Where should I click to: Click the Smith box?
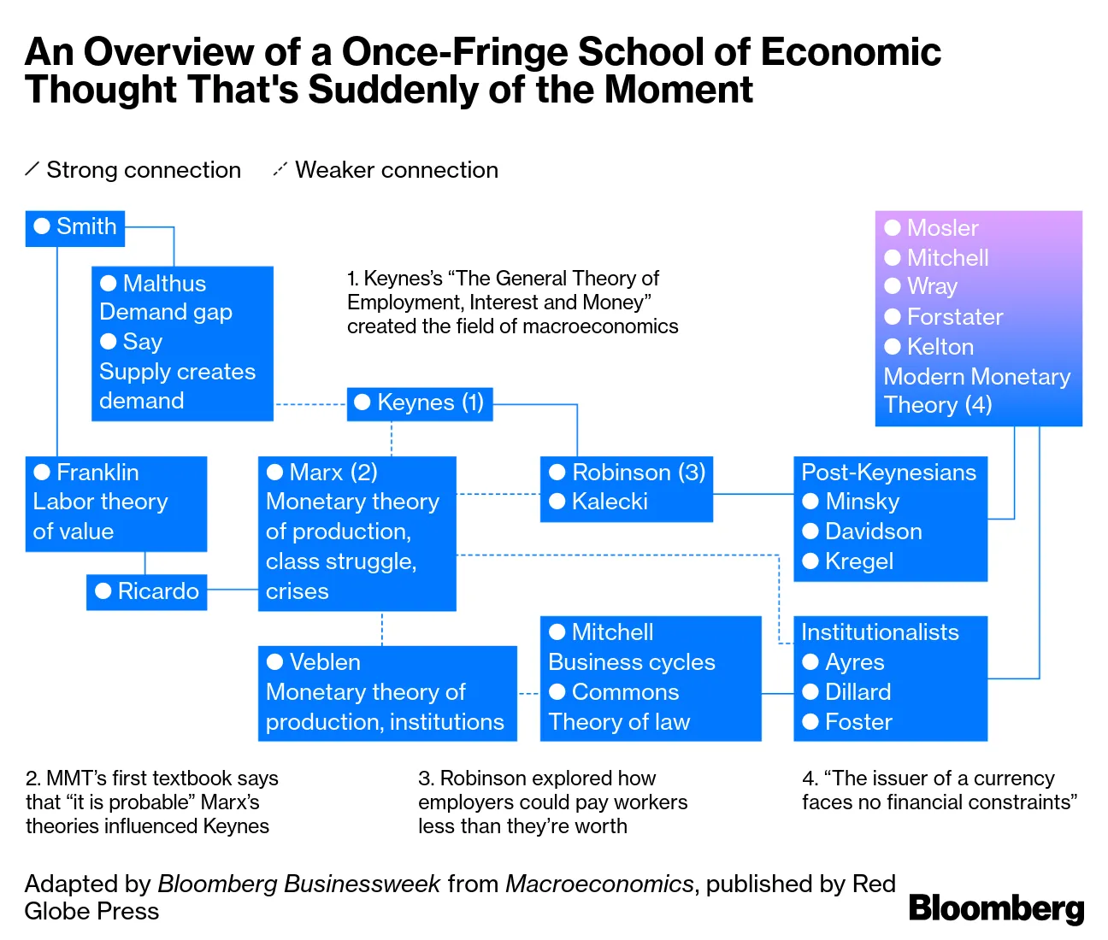(x=75, y=227)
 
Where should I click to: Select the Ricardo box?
(x=147, y=591)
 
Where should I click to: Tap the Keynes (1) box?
(x=420, y=403)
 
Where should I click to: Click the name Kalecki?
(x=610, y=502)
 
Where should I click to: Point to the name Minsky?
(x=862, y=502)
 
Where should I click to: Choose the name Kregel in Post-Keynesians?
(x=859, y=561)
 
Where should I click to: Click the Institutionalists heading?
(x=880, y=632)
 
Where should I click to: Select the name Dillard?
(x=858, y=692)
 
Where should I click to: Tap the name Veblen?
(x=325, y=662)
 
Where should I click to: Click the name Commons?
(x=625, y=692)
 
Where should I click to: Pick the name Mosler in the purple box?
(x=942, y=228)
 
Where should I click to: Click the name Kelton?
(x=940, y=347)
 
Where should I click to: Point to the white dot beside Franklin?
(x=42, y=472)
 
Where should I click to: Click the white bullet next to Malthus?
(x=109, y=283)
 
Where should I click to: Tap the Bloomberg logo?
(x=996, y=908)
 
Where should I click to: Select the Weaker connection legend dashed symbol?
(x=280, y=169)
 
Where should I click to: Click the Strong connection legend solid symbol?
(x=32, y=169)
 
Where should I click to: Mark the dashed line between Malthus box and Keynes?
(x=309, y=403)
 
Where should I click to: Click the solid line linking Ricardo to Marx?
(x=233, y=590)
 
